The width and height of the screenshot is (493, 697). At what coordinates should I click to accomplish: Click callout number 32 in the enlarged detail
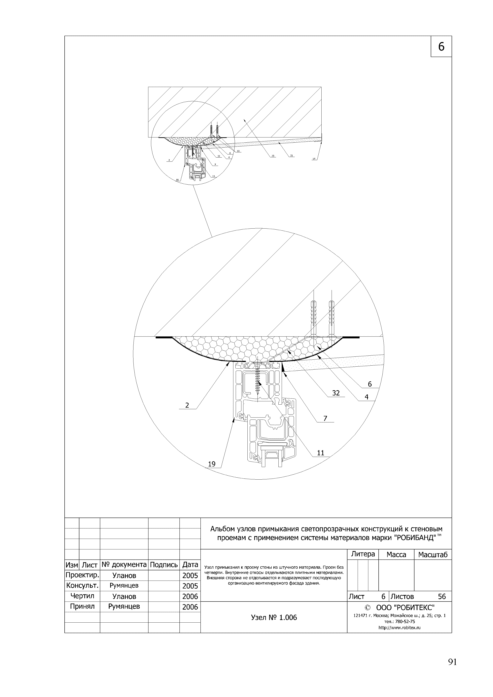pos(336,393)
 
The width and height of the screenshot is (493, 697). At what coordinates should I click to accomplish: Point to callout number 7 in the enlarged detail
pos(325,418)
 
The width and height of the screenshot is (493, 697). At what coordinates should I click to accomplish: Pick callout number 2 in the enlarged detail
pos(187,405)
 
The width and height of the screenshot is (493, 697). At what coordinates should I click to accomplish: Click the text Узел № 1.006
pos(274,617)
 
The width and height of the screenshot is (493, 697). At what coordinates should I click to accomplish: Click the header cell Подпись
pos(164,565)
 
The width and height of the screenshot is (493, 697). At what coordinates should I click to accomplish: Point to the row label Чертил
pos(82,596)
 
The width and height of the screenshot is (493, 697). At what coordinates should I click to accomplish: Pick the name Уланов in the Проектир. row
pos(124,575)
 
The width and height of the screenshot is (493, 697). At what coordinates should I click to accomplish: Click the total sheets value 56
pos(442,597)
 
